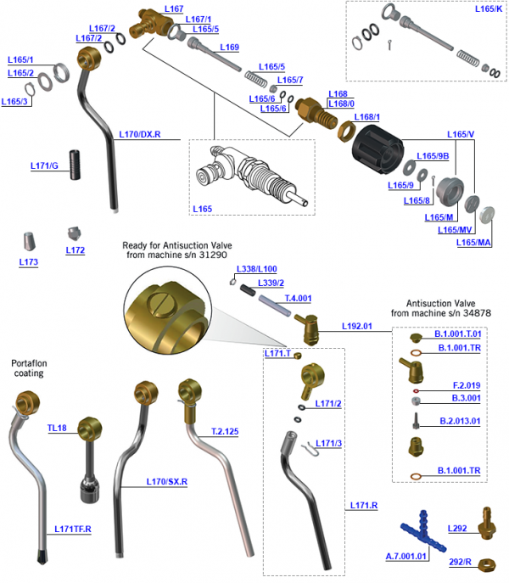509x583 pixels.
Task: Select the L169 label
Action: click(229, 47)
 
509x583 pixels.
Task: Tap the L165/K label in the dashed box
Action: click(487, 10)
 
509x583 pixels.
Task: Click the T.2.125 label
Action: click(225, 431)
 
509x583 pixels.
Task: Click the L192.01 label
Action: click(358, 325)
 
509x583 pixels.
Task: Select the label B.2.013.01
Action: click(461, 420)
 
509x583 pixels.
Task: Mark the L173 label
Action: click(29, 262)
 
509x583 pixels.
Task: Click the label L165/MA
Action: click(473, 243)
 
